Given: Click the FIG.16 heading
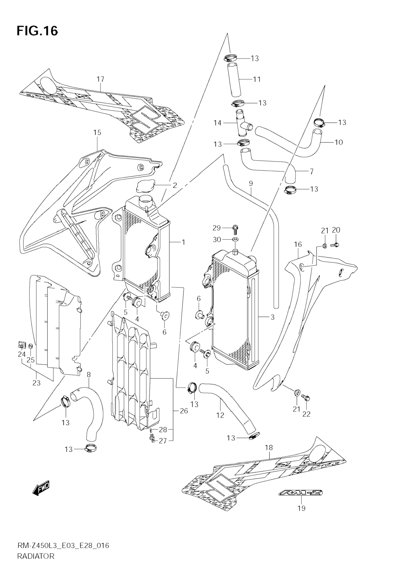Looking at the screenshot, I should (37, 31).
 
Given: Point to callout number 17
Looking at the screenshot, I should (101, 79).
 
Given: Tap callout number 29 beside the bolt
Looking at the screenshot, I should (216, 228).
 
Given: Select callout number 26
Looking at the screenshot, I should (184, 411).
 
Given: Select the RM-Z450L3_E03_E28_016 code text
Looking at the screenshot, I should (63, 552).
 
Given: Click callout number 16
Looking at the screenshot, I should (298, 244).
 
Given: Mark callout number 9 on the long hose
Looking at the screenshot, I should (251, 183).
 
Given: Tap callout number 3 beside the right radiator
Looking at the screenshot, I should (273, 317).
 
